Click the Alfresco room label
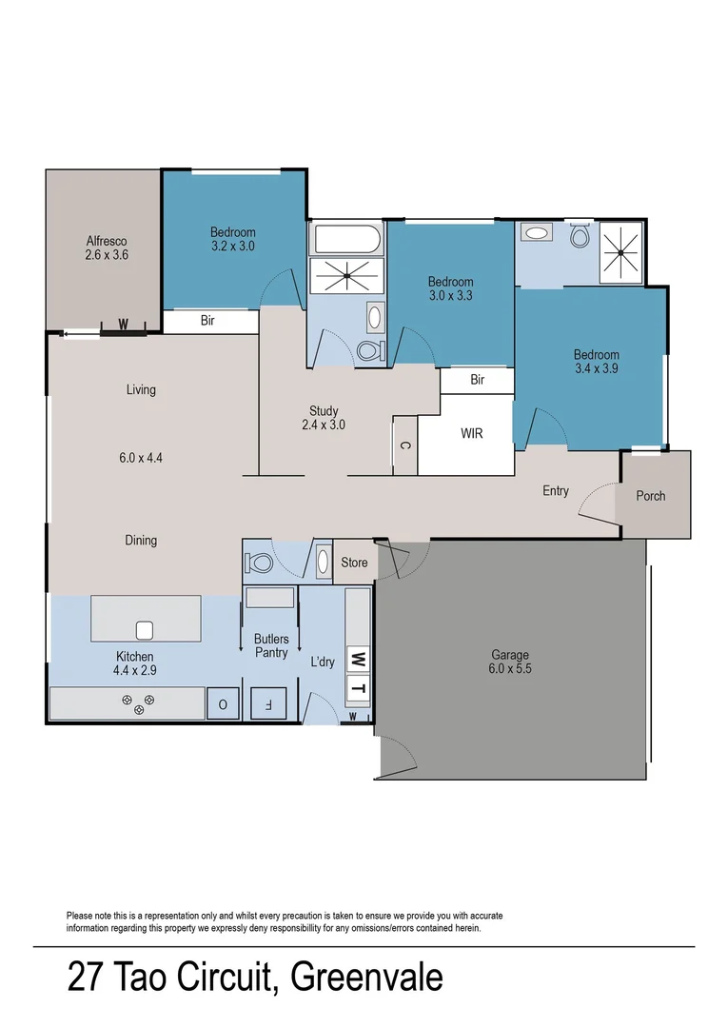(x=107, y=247)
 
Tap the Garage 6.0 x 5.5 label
(x=510, y=662)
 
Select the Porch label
(x=651, y=496)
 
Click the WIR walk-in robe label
(x=472, y=434)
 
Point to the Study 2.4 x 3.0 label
(x=324, y=418)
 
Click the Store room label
(x=354, y=563)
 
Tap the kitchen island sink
(x=145, y=630)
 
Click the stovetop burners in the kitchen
(x=138, y=703)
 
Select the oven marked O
(x=223, y=704)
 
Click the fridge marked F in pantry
(x=267, y=705)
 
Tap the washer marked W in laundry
(x=358, y=658)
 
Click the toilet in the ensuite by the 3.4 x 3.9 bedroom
(x=580, y=236)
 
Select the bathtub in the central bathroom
(x=346, y=237)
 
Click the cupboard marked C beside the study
(x=404, y=445)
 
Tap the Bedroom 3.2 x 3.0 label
(x=232, y=239)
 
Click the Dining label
(x=141, y=541)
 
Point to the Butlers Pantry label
(x=271, y=645)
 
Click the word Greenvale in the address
(x=366, y=977)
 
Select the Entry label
(x=556, y=491)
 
